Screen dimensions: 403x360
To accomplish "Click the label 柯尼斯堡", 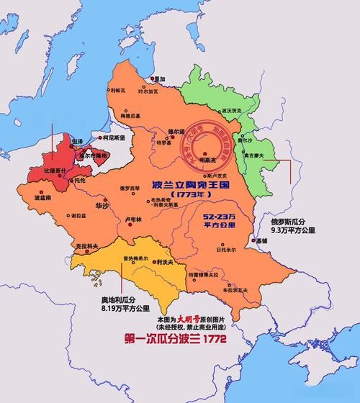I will click(x=113, y=136).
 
